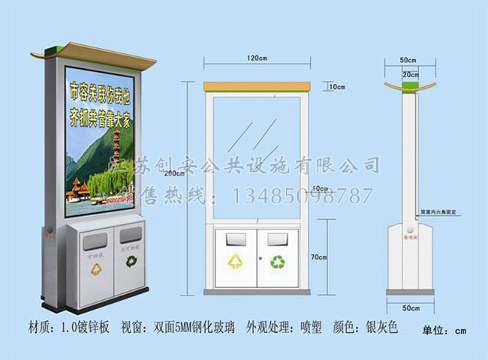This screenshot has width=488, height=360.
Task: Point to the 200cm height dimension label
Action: coord(175,174)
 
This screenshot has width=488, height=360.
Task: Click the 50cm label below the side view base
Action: coord(408,307)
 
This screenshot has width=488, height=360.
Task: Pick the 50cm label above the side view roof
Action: coord(408,58)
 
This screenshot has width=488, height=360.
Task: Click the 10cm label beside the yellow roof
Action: coord(336,87)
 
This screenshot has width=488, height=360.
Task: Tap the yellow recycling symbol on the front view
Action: coord(236,261)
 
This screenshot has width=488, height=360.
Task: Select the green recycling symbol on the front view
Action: coord(278,261)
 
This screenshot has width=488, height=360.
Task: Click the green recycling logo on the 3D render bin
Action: coord(132,262)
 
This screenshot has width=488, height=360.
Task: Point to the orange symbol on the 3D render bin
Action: coord(95,264)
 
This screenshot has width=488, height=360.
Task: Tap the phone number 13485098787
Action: coord(303,196)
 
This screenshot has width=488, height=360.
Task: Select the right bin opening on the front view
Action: coord(276,239)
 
